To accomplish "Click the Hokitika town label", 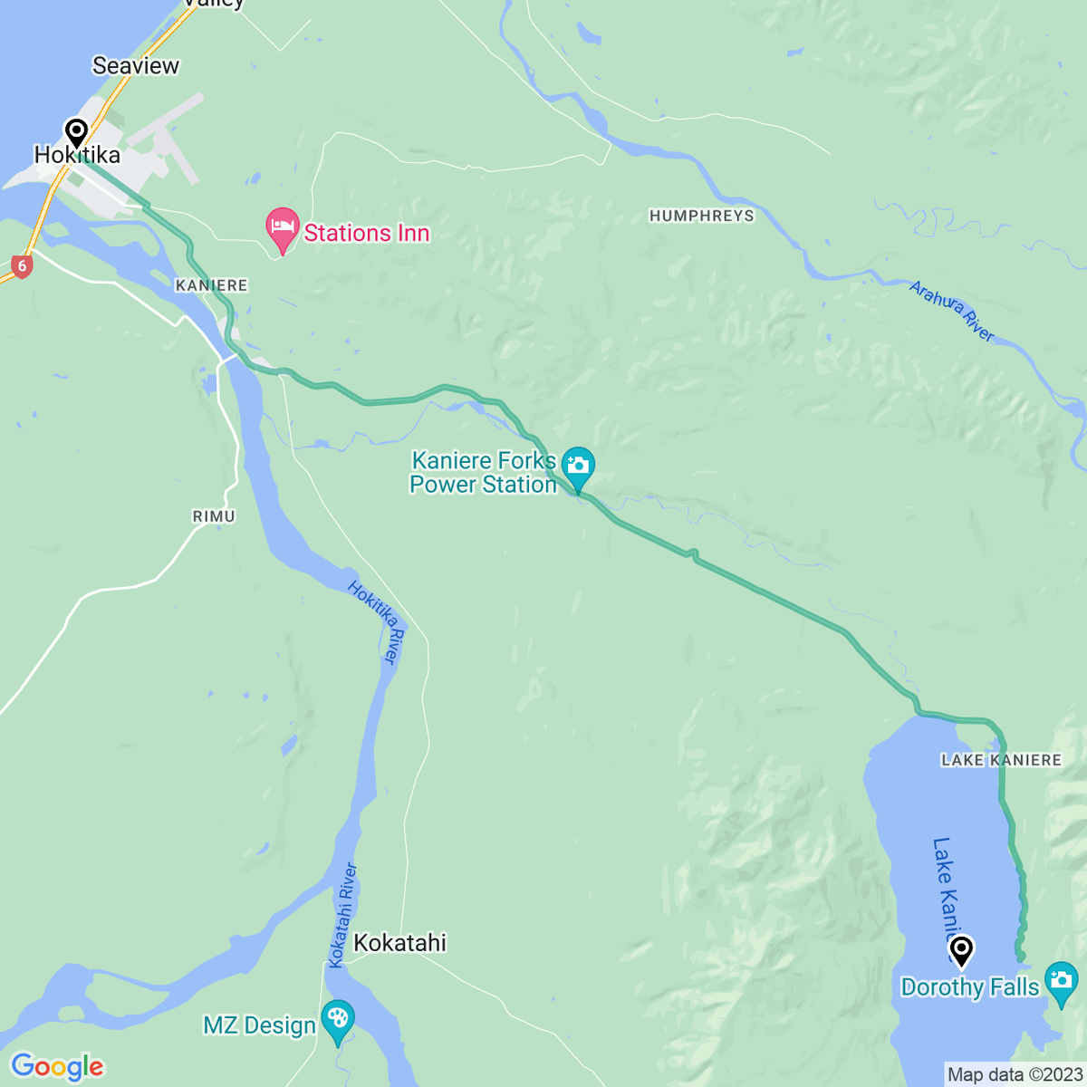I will coord(77,156).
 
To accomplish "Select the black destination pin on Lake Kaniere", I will coord(961,951).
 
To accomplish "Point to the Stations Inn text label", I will coord(366,233).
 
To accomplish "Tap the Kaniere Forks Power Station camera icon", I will coord(578,467).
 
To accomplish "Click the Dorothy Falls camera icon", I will coord(1061,982).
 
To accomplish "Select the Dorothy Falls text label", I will coord(969,987).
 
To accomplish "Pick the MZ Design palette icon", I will coord(338,1020).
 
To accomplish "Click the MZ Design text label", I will coord(259,1025).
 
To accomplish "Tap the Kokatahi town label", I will coord(399,943).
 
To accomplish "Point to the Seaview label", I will coord(136,65).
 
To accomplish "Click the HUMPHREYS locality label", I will coord(701,216).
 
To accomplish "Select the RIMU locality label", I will coord(214,516).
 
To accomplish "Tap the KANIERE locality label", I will coord(211,285).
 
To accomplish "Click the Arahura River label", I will coord(952,312).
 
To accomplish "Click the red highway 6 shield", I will coord(22,266).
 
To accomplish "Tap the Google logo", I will coord(57,1067).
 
